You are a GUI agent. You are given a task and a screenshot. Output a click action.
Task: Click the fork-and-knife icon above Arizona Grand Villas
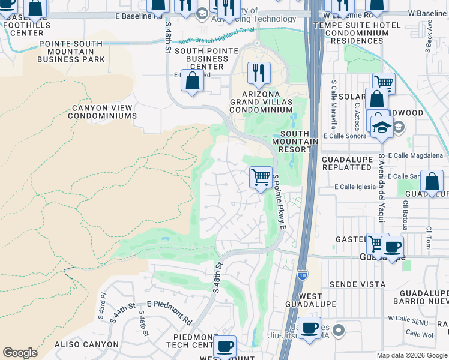tap(259, 73)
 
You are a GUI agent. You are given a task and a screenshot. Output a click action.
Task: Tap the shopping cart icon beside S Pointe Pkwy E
tap(261, 177)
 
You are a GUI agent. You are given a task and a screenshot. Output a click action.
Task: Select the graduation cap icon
tap(381, 126)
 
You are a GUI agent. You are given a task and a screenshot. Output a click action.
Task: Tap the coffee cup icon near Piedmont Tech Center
tap(225, 346)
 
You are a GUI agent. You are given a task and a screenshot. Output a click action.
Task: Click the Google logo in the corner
tap(20, 353)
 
